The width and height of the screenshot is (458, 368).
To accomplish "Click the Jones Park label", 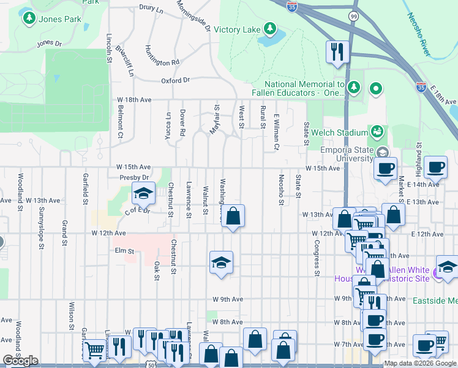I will point(60,20).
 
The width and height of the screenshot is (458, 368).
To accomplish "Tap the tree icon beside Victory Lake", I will point(269,29).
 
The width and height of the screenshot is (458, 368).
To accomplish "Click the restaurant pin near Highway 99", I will point(337,52).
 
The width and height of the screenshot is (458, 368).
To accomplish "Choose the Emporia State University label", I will point(347,153).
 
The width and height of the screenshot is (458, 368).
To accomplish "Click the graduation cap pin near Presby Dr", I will point(143,194).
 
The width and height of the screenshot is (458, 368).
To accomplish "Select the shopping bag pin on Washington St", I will point(233,216).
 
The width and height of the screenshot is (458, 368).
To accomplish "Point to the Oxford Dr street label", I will point(176,80).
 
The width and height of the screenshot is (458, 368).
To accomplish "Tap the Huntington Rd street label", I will point(162,55).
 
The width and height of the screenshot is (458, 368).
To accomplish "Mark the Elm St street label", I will point(124,251).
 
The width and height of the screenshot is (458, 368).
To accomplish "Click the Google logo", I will point(20,361).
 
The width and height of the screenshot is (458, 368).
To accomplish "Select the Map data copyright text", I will point(420,363).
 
